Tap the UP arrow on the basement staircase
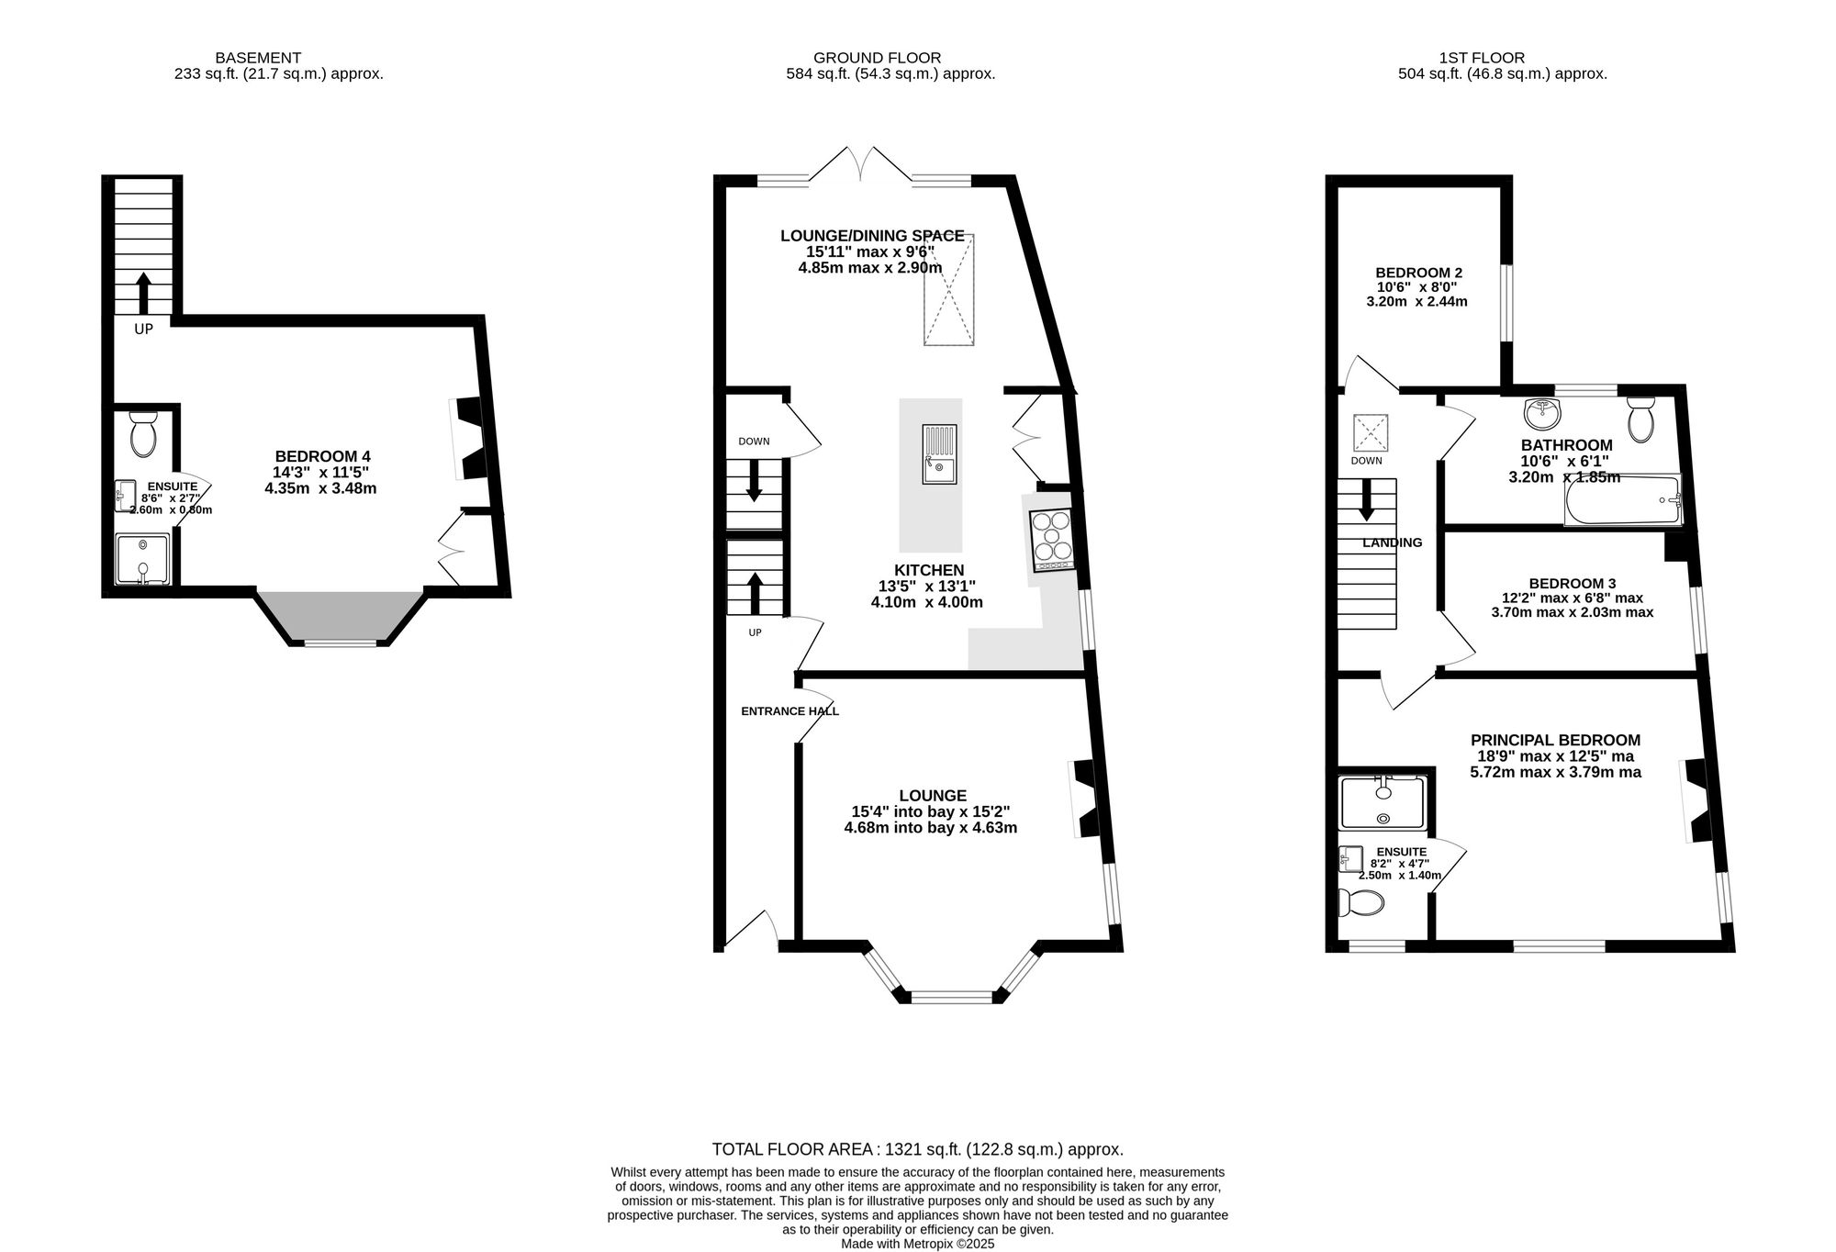143,292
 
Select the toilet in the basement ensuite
143,434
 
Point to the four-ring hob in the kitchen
1051,536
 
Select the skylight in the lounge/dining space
948,290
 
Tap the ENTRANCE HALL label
789,711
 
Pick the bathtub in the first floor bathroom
1622,500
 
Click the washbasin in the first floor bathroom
1542,414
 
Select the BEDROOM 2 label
1418,273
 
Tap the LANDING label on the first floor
1392,542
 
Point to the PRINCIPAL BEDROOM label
1555,740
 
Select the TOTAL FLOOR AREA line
917,1149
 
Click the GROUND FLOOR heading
877,58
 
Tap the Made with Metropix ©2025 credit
917,1244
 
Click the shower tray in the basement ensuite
142,559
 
